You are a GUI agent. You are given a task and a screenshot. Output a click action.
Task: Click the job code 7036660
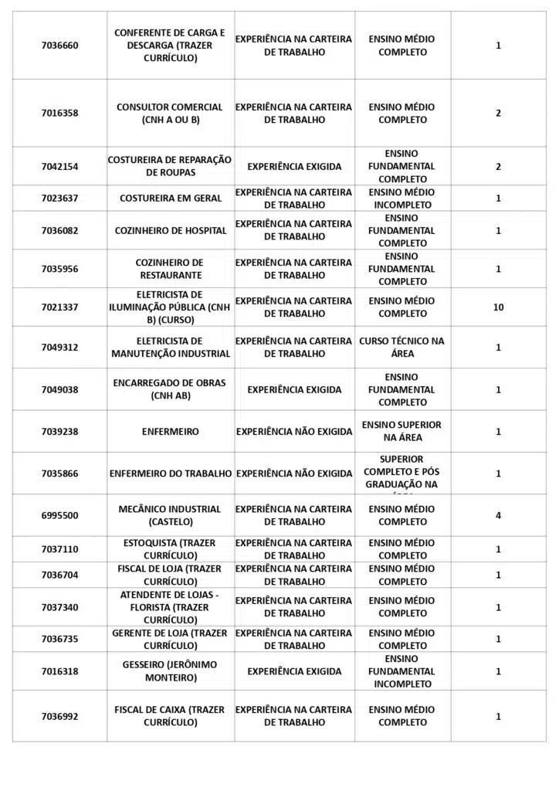tap(59, 46)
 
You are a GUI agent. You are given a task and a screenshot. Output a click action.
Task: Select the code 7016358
tap(59, 114)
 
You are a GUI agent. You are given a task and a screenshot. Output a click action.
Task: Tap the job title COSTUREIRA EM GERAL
tap(171, 199)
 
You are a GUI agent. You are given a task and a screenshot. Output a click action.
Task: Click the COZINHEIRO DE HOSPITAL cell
tap(171, 230)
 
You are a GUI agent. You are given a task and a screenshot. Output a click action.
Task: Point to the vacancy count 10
tap(498, 307)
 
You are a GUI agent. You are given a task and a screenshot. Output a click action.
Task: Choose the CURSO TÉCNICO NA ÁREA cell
tap(402, 347)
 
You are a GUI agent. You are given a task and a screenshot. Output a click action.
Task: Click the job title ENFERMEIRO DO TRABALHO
tap(171, 474)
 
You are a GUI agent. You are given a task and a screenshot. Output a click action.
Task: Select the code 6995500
tap(59, 515)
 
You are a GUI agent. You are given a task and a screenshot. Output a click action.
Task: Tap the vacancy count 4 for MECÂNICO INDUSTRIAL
tap(498, 515)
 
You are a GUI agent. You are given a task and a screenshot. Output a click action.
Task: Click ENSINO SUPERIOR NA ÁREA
tap(402, 431)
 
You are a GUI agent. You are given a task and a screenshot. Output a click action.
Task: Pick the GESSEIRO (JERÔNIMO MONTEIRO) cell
tap(171, 671)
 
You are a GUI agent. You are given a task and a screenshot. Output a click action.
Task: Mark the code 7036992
tap(59, 716)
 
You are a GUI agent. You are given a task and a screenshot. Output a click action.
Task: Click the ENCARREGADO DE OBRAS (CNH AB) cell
tap(171, 389)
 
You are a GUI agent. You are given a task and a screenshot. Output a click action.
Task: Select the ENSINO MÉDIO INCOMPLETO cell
tap(402, 199)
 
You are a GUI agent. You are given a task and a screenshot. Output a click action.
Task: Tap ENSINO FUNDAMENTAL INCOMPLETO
tap(402, 671)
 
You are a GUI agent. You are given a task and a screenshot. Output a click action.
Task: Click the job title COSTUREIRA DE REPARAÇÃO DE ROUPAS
tap(171, 166)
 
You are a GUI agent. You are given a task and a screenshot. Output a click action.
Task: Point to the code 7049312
tap(59, 348)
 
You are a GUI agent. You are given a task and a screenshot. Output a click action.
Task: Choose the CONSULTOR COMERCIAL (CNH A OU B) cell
tap(171, 114)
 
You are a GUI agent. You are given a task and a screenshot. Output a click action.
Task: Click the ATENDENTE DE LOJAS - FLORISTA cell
tap(171, 607)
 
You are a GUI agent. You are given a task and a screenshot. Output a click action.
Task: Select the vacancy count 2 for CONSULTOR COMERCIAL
tap(498, 114)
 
